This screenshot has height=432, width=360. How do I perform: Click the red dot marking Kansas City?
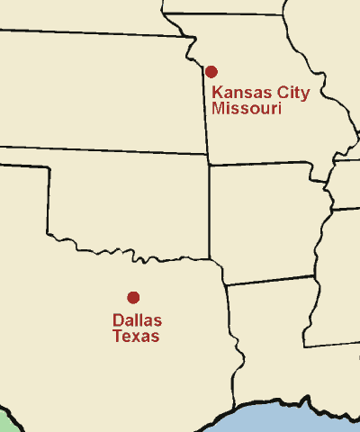[211, 71]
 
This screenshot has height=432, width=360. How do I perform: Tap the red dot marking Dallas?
[133, 297]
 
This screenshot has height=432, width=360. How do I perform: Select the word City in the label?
[290, 93]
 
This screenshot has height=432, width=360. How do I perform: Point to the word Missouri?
[247, 109]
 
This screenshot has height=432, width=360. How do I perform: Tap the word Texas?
[136, 337]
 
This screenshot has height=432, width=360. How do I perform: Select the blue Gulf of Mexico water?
[288, 419]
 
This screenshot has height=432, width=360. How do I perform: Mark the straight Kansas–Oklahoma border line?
[108, 150]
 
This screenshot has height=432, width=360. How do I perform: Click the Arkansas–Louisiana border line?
[270, 282]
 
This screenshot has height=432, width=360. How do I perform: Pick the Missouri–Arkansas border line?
[270, 164]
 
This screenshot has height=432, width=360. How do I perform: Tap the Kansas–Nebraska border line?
[90, 33]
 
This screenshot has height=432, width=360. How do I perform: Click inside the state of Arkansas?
[265, 220]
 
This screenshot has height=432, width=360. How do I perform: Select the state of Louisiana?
[274, 342]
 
